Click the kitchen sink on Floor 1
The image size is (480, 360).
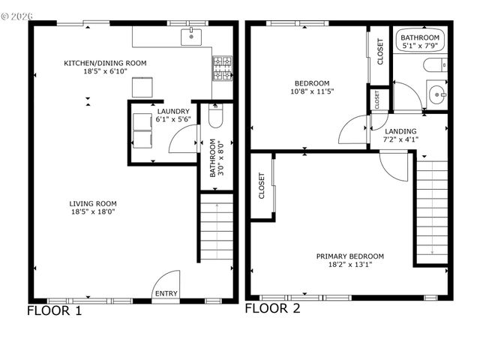pos(193,34)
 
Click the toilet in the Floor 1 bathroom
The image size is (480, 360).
pos(215,118)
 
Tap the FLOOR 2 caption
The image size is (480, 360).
pos(272,308)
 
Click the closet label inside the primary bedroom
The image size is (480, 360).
pos(262,185)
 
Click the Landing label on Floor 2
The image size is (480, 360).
pos(400,135)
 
